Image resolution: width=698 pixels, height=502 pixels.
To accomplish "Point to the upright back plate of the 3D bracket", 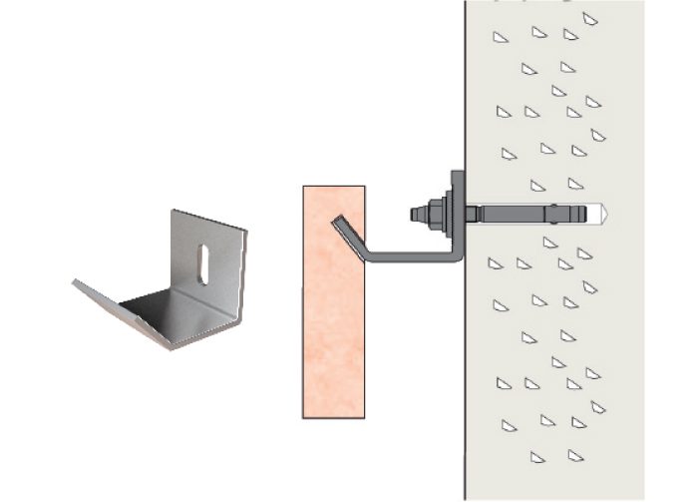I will pos(214,259).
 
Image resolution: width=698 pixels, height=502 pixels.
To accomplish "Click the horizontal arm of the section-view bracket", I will pos(409,258).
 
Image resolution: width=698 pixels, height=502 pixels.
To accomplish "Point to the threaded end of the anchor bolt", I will pos(416,213).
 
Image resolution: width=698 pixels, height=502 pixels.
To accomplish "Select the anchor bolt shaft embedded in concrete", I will pos(519,214).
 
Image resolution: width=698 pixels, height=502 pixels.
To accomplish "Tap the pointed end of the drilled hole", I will pos(606,214).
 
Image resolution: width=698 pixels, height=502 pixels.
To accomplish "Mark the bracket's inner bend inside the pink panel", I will pos(361,254).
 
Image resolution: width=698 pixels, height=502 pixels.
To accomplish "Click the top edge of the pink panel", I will pos(333,186).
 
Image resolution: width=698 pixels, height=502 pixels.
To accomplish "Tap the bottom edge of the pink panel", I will pos(333,417).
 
